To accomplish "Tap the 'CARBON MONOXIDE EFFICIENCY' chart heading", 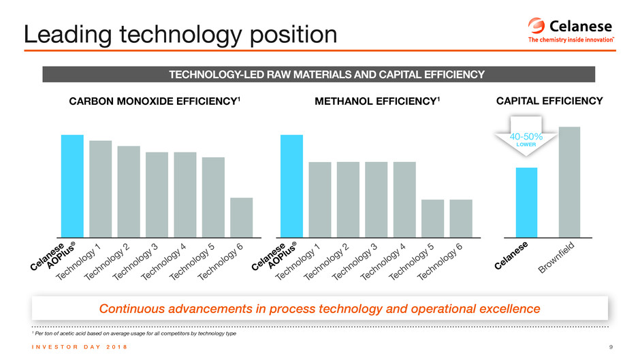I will point(155,102).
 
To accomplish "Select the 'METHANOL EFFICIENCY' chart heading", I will point(377,102).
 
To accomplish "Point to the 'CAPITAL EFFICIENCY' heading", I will point(549,101).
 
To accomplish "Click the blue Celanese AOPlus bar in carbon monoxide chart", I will point(72,186).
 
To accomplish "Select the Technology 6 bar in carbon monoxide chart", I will point(241,217).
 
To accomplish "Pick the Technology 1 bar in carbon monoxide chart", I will point(100,189).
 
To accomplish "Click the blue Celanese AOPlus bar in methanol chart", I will point(291,186).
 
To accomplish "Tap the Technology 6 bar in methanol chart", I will point(461,218).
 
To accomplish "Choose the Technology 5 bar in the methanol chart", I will point(432,218).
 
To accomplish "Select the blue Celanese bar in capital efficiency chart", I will point(526,202).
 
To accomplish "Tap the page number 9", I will point(611,348).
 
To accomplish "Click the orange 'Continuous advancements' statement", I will point(319,309).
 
